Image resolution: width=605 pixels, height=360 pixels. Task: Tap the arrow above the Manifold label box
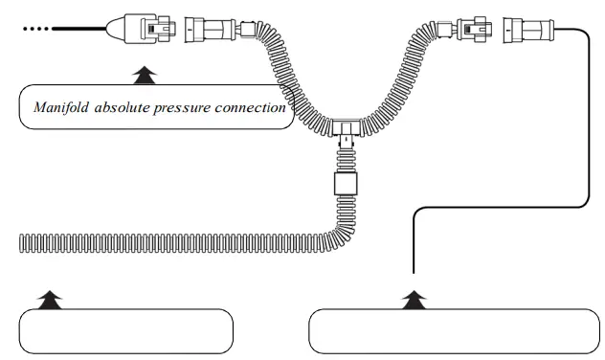pyautogui.click(x=144, y=73)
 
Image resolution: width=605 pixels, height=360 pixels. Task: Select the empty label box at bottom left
pyautogui.click(x=126, y=331)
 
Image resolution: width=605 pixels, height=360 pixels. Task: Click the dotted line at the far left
pyautogui.click(x=36, y=29)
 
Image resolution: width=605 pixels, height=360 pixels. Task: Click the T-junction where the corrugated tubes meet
pyautogui.click(x=344, y=125)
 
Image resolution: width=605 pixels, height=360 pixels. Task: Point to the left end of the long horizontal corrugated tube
pyautogui.click(x=23, y=243)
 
